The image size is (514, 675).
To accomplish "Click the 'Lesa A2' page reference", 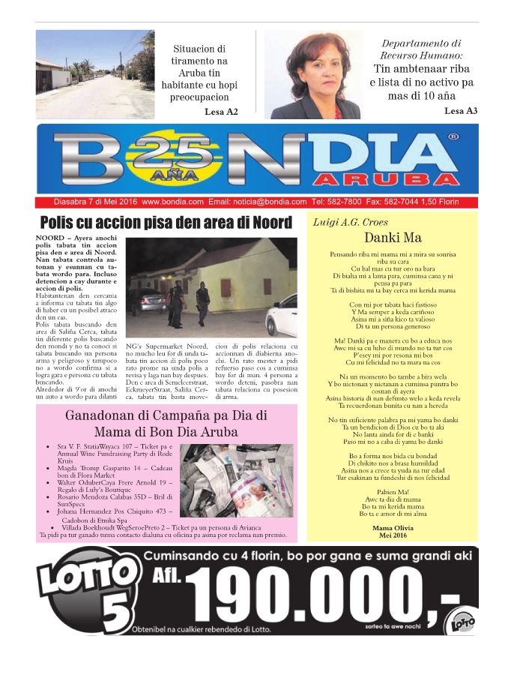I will coord(221,112).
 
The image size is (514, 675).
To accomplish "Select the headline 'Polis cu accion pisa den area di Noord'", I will coord(166,222).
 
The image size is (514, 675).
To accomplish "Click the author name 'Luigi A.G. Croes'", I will coord(346,222).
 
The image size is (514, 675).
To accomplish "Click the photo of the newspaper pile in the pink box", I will coord(237,480).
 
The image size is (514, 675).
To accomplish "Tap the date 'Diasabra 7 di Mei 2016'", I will coord(95,202).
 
